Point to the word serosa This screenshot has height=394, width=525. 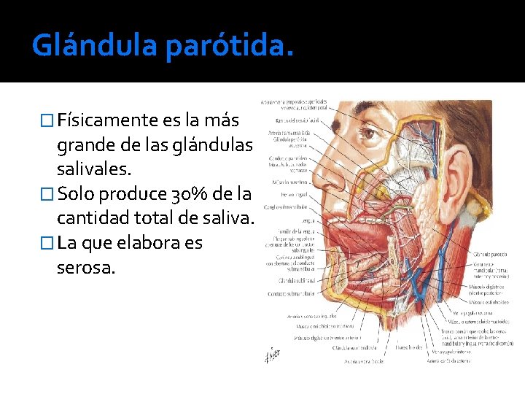85,268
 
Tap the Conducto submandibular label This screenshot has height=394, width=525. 290,293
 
